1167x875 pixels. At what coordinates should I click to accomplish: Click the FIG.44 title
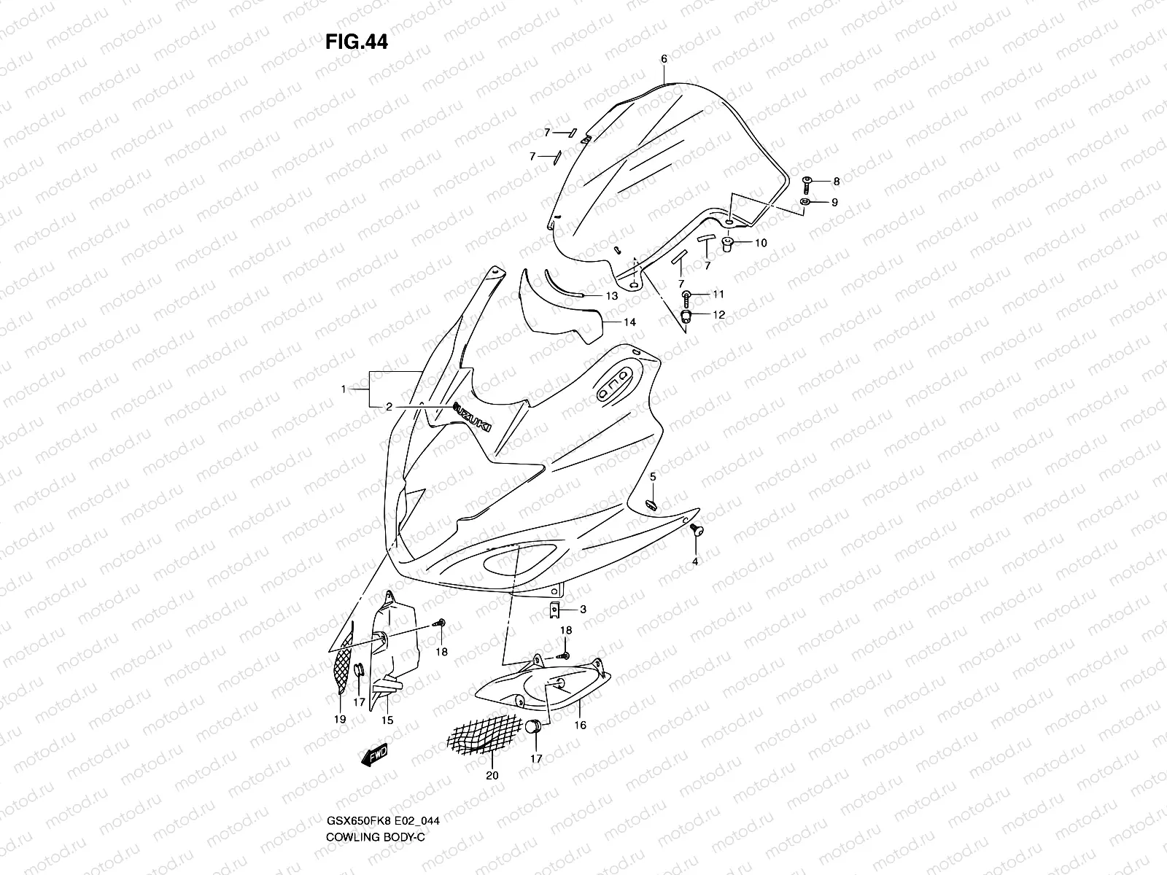coord(356,42)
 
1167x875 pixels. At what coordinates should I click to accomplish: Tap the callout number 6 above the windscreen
coord(664,59)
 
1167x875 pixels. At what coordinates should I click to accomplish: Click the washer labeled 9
coord(805,201)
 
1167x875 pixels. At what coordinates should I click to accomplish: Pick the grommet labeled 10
coord(728,244)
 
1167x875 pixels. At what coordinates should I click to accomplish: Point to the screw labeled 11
coord(686,296)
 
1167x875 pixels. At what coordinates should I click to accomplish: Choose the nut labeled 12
coord(686,316)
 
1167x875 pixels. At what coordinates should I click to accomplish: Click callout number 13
coord(611,296)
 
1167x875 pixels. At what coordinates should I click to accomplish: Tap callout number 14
coord(629,322)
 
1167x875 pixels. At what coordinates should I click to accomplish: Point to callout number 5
coord(653,476)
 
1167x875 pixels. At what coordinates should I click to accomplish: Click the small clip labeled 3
coord(556,610)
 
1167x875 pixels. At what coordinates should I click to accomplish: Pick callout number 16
coord(581,726)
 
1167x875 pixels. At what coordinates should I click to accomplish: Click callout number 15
coord(387,720)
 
